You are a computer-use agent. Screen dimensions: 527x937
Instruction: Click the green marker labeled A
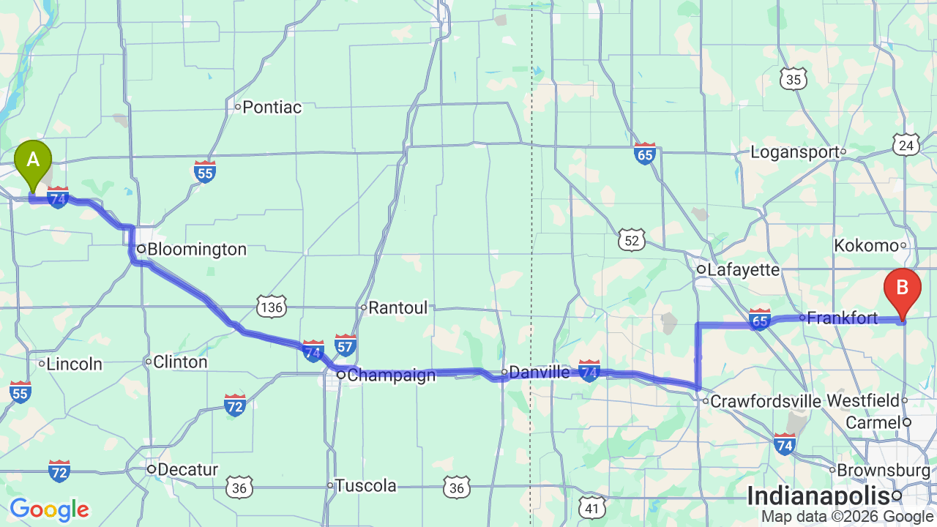click(x=33, y=160)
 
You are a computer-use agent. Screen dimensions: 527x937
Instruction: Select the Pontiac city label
click(x=272, y=108)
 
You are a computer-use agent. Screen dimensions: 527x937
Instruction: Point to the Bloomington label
click(x=197, y=250)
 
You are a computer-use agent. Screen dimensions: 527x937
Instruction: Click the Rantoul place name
click(x=397, y=308)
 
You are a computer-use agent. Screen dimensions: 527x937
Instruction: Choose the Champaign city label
click(x=391, y=375)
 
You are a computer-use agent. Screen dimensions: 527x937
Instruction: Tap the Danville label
click(x=539, y=373)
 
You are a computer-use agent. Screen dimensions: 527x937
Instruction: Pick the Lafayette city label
click(x=742, y=270)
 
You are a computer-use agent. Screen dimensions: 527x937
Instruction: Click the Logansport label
click(x=794, y=152)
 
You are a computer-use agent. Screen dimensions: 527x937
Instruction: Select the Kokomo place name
click(x=866, y=246)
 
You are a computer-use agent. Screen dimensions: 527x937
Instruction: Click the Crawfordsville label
click(x=766, y=401)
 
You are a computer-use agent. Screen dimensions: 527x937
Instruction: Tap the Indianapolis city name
click(x=818, y=496)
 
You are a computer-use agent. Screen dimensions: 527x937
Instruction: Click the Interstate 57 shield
click(x=346, y=344)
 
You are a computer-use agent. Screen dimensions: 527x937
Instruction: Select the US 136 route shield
click(x=271, y=306)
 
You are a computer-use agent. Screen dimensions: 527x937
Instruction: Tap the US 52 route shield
click(x=631, y=239)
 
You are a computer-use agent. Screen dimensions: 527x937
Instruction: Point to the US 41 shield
click(x=593, y=507)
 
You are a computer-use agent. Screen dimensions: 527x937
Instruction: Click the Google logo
click(x=49, y=509)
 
